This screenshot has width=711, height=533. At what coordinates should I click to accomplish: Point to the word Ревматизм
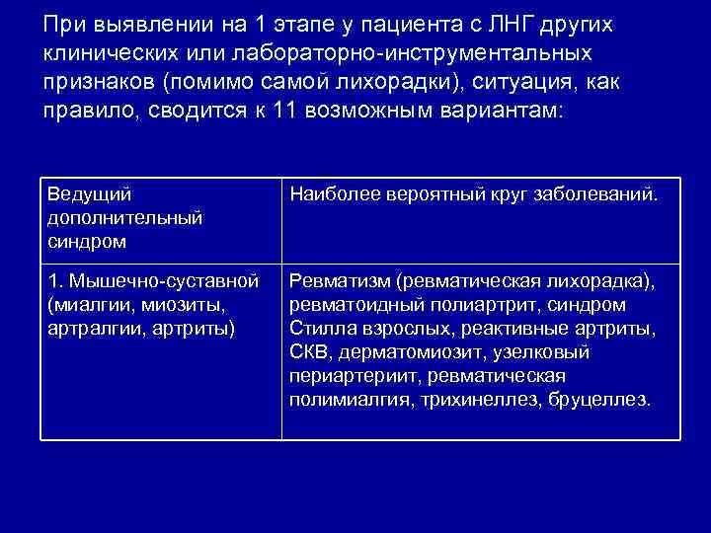tap(337, 282)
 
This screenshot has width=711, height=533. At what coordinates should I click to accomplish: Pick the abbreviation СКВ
tap(309, 351)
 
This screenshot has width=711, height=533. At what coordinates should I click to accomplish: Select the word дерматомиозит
tap(398, 351)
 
